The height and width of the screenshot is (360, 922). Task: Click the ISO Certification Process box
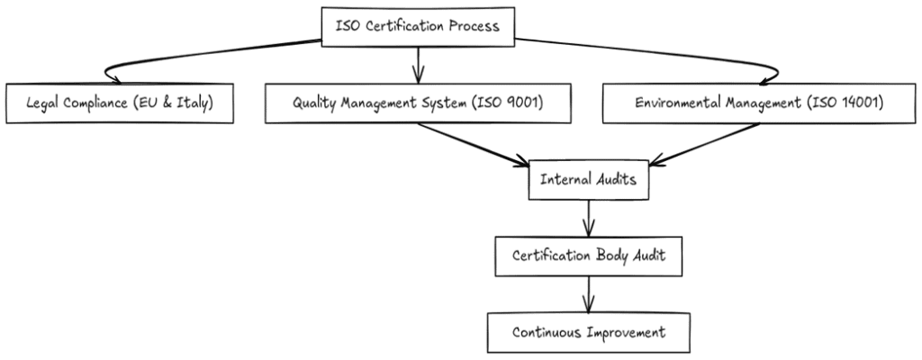(x=417, y=26)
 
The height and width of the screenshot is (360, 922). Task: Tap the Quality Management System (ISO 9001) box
(x=418, y=103)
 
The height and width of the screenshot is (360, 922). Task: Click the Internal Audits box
(x=588, y=179)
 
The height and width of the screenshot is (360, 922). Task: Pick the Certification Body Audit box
(x=588, y=256)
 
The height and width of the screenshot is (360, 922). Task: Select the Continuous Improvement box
(x=588, y=332)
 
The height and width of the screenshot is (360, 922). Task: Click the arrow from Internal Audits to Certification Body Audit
(x=588, y=217)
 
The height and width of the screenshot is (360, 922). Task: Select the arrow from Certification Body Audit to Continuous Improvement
(x=588, y=293)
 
